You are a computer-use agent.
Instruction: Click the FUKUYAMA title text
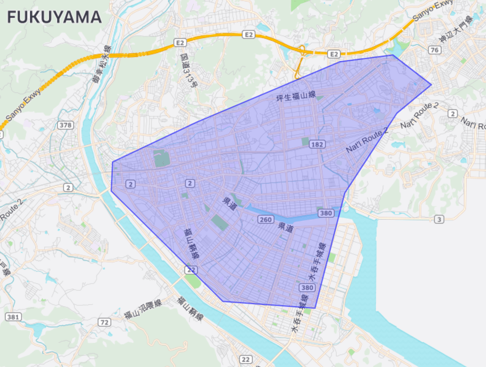[54, 17]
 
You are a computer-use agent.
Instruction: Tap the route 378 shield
[65, 125]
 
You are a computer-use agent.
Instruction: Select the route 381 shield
[13, 317]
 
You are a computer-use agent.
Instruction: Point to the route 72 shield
[105, 322]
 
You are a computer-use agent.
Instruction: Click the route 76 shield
[435, 50]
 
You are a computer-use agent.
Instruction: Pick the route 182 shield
[317, 144]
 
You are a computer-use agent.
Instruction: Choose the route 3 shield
[439, 219]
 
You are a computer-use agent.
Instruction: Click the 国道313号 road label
[188, 70]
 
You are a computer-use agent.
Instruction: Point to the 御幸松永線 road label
[100, 66]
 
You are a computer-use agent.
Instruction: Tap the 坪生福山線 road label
[296, 97]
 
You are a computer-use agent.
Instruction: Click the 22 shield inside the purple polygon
[191, 269]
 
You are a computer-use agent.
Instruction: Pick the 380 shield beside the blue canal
[325, 213]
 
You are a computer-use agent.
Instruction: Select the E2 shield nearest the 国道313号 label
[180, 42]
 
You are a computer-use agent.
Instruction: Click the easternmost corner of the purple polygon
[431, 84]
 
